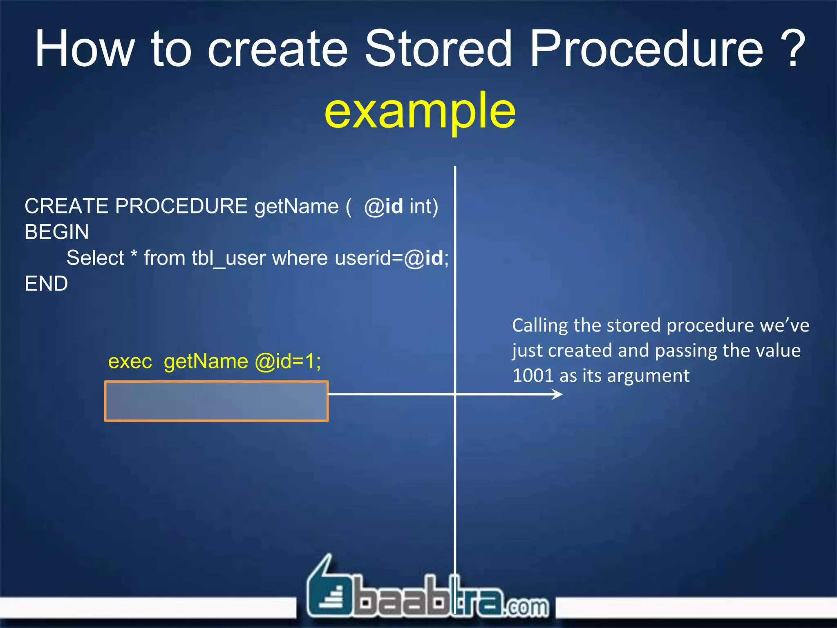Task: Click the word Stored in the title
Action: tap(438, 49)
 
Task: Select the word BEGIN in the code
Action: tap(56, 232)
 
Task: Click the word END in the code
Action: tap(46, 284)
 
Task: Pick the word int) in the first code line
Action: tap(423, 206)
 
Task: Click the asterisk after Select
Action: tap(134, 256)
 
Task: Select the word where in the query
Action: tap(300, 258)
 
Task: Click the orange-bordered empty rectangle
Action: tap(216, 401)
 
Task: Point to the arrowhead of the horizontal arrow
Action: tap(558, 394)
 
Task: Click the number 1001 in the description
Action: tap(532, 376)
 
